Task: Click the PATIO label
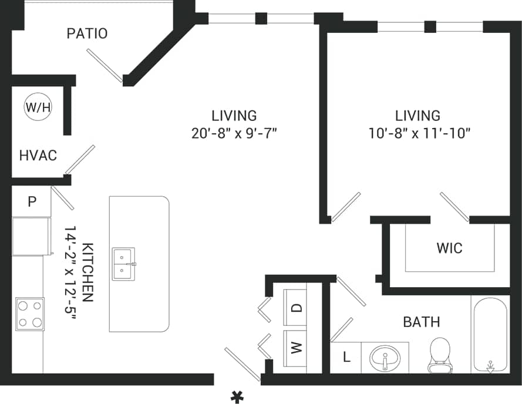pos(87,33)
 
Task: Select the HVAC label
pos(38,155)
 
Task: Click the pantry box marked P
pos(32,201)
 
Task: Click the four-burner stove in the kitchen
pos(30,314)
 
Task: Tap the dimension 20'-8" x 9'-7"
pos(234,133)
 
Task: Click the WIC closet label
pos(449,248)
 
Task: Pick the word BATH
pos(421,322)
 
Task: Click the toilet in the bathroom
pos(440,355)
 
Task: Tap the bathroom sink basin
pos(385,357)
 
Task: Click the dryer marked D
pos(297,307)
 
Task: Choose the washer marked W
pos(297,348)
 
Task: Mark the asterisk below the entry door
pos(237,396)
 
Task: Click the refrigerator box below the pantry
pos(31,236)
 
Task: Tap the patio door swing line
pos(105,65)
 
